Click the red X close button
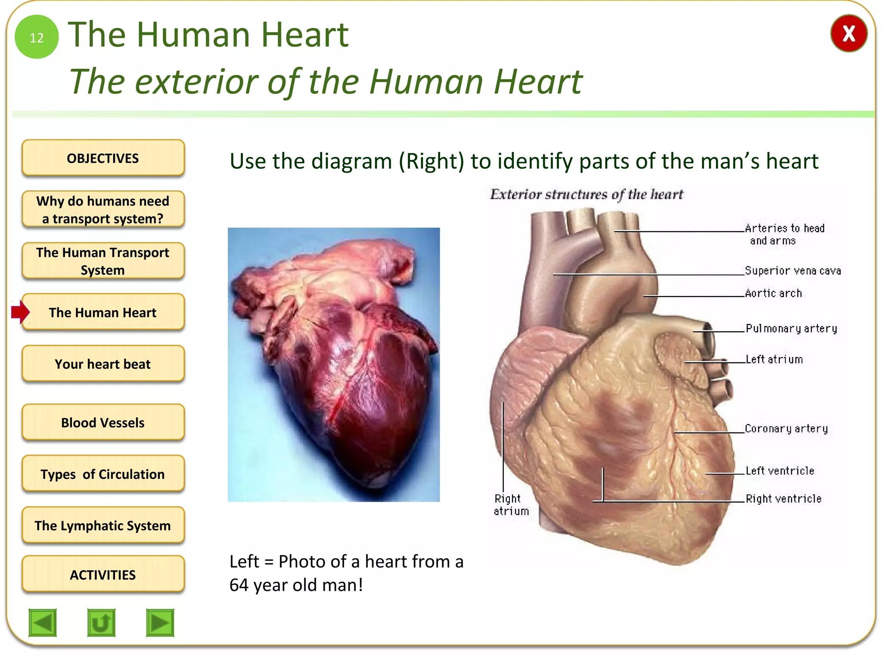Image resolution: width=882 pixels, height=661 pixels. tap(848, 34)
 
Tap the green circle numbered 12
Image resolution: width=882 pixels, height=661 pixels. tap(37, 37)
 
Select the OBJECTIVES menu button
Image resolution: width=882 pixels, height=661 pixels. tap(103, 158)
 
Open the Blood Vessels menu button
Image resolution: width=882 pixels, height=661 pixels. tap(103, 422)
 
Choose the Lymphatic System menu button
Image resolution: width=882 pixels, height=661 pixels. tap(103, 525)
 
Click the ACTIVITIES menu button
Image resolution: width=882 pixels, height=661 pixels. tap(103, 575)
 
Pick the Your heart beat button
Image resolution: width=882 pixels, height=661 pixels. tap(103, 364)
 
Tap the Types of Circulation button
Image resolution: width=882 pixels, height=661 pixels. tap(103, 474)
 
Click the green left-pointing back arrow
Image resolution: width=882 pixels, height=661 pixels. tap(43, 622)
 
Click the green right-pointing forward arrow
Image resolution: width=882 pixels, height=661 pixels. tap(160, 622)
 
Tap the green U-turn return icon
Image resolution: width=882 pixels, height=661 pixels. tap(101, 622)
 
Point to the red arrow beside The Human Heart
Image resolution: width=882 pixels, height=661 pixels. tap(20, 312)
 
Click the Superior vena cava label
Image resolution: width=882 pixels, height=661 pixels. tap(792, 271)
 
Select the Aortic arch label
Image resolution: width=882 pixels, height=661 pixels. tap(773, 293)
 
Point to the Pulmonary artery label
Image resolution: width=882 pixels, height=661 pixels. tap(792, 329)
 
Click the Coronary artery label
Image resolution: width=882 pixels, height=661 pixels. tap(786, 429)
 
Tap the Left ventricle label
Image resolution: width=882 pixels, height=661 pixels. tap(780, 471)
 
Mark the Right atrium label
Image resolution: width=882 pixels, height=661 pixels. tap(511, 505)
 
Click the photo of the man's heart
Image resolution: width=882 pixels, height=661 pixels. tap(334, 364)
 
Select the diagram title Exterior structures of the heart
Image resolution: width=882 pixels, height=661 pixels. tap(587, 195)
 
